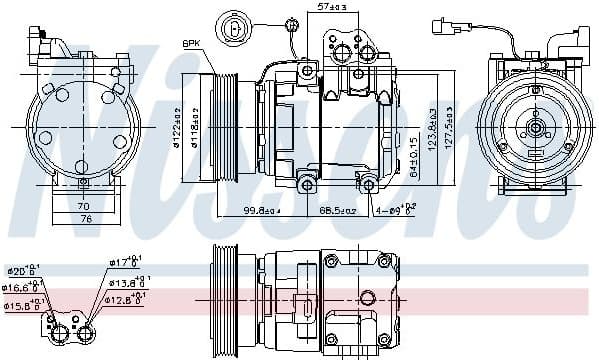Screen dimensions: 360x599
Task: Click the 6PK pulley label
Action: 191,42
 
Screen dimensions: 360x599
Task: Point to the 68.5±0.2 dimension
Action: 338,211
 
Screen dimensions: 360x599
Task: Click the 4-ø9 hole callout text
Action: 393,211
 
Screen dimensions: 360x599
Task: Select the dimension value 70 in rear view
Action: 84,206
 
